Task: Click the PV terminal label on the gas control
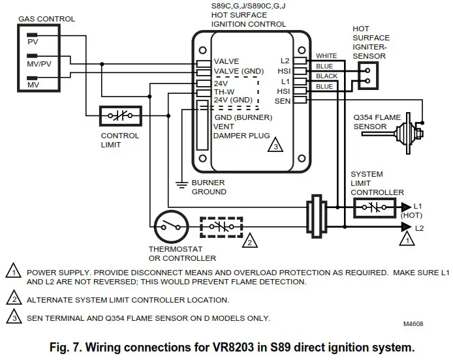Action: (33, 42)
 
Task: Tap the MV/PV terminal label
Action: (39, 64)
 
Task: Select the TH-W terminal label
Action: (224, 92)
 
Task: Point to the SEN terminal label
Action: (282, 101)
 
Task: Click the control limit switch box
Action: (121, 116)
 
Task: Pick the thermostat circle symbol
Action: (171, 227)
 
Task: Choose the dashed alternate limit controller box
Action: (221, 227)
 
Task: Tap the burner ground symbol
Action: (181, 185)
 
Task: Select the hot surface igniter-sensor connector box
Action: (367, 76)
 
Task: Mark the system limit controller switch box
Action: (375, 207)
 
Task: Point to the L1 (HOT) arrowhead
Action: (406, 207)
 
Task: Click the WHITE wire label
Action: (326, 55)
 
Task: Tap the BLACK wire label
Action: (326, 76)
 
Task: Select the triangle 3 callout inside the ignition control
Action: (275, 145)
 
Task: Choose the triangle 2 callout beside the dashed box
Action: (249, 240)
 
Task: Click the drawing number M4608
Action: (413, 324)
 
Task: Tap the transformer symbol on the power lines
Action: (317, 217)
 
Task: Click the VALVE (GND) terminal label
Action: (239, 71)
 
